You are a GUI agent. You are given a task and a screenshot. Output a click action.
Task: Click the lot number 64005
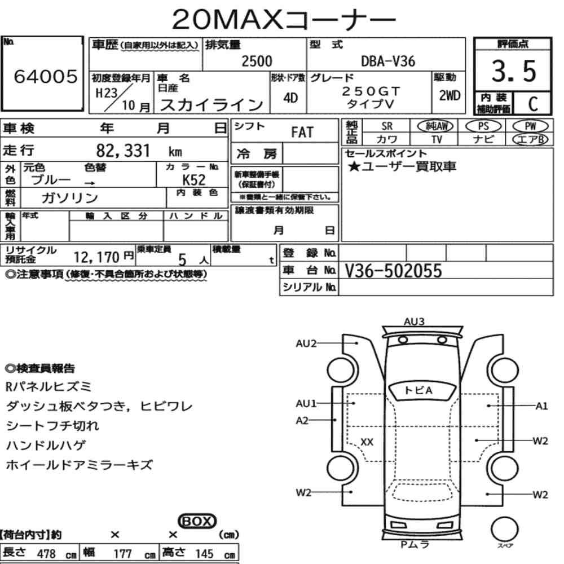46,76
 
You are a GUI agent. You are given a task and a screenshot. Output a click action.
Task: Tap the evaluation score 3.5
514,71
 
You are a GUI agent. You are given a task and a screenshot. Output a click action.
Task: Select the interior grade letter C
533,104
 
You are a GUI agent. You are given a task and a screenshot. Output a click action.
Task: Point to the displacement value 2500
257,61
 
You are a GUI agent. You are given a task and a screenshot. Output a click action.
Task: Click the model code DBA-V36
388,61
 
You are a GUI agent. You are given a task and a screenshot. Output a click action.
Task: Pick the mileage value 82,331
122,151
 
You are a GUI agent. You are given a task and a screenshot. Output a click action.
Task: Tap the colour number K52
194,179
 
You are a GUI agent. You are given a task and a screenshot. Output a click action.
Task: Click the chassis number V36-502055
393,271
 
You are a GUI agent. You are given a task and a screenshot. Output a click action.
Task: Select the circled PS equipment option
483,126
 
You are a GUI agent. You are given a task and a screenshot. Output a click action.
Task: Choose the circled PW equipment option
530,126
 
